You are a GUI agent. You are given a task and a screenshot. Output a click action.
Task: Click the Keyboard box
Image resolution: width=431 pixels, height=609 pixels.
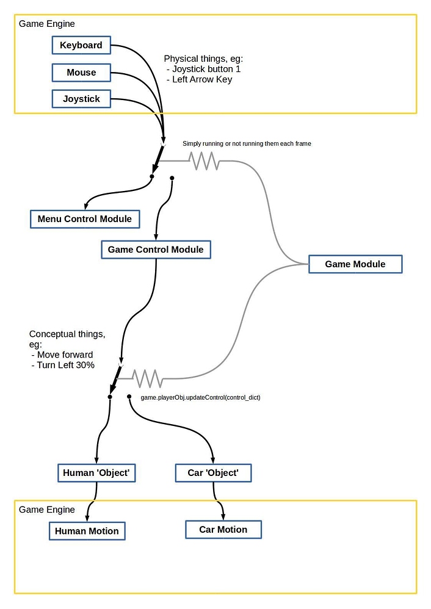tap(81, 45)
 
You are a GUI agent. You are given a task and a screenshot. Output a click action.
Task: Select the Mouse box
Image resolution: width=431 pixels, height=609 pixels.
tap(81, 73)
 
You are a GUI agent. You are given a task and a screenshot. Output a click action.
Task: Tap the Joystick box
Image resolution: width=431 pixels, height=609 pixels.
tap(81, 99)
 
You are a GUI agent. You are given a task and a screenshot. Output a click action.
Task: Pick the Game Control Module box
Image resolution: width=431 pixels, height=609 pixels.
tap(156, 250)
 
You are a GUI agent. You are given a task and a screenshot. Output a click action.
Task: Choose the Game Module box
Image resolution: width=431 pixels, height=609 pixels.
tap(355, 264)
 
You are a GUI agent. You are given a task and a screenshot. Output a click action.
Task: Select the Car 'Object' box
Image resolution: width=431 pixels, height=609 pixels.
tap(213, 473)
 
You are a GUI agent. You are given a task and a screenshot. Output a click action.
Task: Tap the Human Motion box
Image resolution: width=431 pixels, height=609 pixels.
tap(87, 531)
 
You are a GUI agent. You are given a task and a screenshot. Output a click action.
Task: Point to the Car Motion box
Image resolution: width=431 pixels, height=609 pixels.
tap(223, 530)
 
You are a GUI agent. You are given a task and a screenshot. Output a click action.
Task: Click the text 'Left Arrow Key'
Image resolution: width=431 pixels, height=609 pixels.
tap(202, 79)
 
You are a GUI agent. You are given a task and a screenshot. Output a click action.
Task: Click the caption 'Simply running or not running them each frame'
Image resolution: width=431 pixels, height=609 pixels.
tap(247, 143)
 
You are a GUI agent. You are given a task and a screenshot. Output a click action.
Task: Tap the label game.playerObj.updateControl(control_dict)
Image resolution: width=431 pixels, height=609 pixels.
tap(200, 397)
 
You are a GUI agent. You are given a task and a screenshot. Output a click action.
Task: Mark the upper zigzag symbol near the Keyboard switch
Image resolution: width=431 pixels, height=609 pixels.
tap(204, 161)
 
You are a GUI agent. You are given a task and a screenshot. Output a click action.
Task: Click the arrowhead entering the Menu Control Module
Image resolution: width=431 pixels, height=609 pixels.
tap(87, 207)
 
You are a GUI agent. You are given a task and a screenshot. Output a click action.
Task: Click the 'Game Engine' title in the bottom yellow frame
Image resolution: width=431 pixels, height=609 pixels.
tap(47, 510)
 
